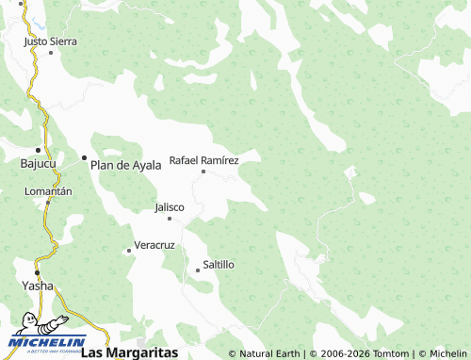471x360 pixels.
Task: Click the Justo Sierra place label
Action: click(x=51, y=41)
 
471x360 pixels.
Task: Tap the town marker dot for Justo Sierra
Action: click(x=51, y=52)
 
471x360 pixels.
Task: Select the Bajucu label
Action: click(x=38, y=163)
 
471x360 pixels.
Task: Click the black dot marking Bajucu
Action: click(x=39, y=150)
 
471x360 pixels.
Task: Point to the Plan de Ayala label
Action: click(x=125, y=165)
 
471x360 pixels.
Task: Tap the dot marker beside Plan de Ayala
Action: click(x=84, y=157)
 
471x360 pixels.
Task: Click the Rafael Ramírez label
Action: click(x=203, y=160)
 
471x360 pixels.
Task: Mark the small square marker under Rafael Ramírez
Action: click(x=203, y=172)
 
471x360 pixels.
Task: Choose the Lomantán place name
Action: click(x=48, y=190)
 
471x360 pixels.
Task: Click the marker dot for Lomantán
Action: click(x=48, y=201)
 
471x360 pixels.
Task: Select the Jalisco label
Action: click(x=170, y=207)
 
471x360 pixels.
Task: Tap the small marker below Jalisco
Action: click(x=170, y=219)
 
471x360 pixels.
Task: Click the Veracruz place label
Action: click(x=154, y=245)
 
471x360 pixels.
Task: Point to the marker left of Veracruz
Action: click(x=129, y=251)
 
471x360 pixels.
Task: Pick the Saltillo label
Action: click(x=219, y=265)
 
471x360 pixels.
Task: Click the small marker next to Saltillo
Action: click(x=198, y=270)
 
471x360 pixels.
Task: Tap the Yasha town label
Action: click(x=38, y=285)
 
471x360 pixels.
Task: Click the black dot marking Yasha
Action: click(x=38, y=272)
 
